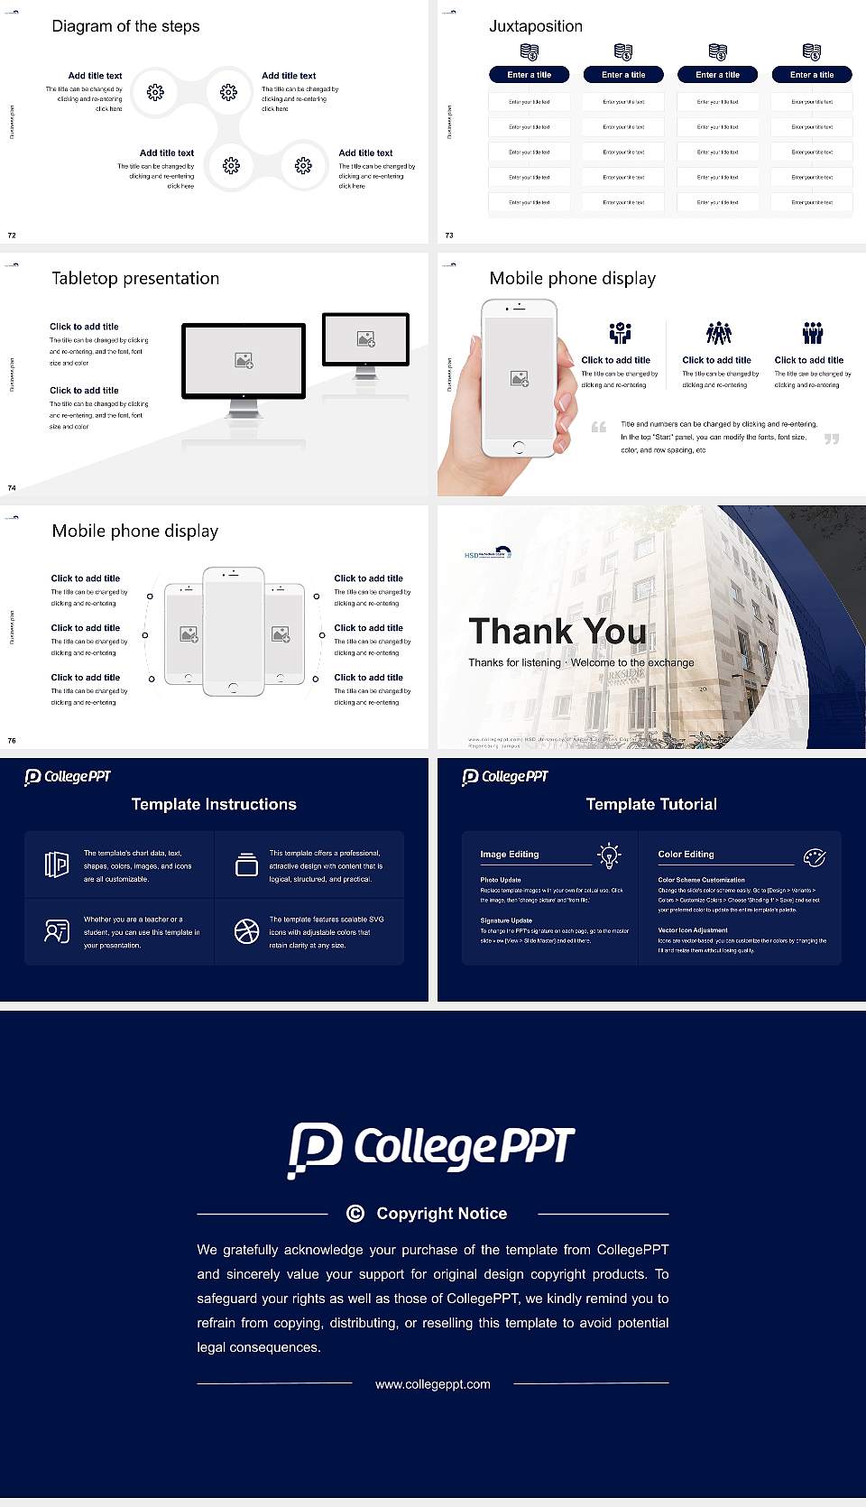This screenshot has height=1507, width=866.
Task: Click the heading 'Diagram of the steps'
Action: click(x=125, y=26)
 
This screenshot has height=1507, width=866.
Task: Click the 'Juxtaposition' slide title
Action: click(x=535, y=26)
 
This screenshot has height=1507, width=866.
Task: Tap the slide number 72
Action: click(x=12, y=235)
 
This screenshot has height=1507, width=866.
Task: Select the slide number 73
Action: click(x=449, y=235)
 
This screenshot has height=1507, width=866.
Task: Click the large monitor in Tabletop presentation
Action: click(x=244, y=361)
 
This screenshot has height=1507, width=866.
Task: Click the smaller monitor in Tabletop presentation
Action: click(x=365, y=339)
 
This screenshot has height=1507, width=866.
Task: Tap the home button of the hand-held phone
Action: click(x=519, y=447)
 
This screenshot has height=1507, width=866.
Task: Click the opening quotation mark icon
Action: click(x=599, y=427)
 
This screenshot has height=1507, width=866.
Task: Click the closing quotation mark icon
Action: click(x=832, y=439)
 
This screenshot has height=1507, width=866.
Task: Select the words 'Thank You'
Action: click(x=557, y=631)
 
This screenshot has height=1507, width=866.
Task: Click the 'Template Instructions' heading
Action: click(x=214, y=804)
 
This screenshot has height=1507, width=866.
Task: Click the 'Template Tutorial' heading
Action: click(x=651, y=804)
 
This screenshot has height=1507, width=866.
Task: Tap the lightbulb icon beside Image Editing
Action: click(x=609, y=855)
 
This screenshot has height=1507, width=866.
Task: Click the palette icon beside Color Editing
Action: click(x=815, y=856)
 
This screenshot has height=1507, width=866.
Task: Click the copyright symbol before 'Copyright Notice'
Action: click(x=355, y=1214)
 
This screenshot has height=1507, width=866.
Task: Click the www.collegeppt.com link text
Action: click(x=433, y=1384)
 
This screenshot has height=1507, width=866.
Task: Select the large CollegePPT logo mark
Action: click(x=315, y=1150)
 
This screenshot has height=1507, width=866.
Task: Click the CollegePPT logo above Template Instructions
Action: click(x=68, y=776)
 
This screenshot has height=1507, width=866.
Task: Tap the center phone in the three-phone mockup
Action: click(x=233, y=631)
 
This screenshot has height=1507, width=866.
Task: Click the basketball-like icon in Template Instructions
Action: click(x=246, y=931)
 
